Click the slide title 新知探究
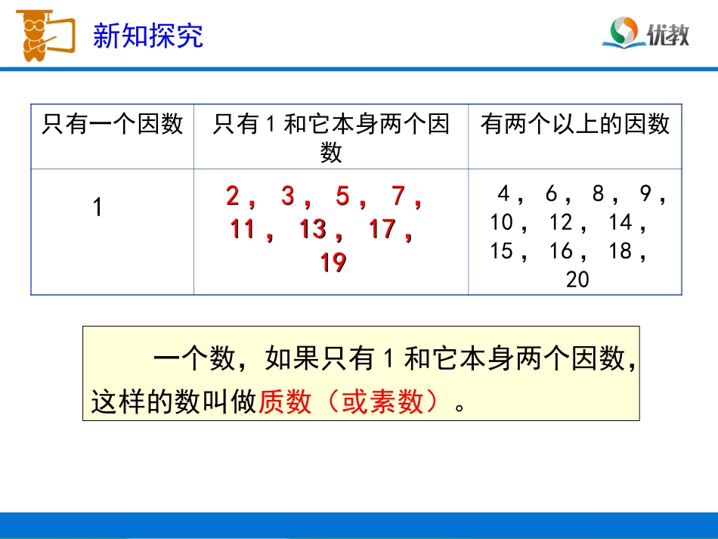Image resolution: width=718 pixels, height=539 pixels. click(147, 36)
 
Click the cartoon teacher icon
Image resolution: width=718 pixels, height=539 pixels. click(42, 33)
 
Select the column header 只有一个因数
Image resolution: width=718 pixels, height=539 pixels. click(113, 124)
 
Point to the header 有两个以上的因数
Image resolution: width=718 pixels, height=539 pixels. click(574, 124)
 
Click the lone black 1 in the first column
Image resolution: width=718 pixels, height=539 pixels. click(97, 207)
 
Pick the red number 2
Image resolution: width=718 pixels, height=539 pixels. click(233, 197)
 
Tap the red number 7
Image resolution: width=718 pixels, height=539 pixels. click(398, 197)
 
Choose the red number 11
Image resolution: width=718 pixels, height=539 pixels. click(243, 229)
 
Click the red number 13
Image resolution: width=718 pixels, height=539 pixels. click(312, 229)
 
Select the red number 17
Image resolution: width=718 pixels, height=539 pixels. click(382, 229)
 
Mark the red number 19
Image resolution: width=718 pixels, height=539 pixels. click(333, 262)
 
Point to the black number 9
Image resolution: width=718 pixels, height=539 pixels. click(645, 194)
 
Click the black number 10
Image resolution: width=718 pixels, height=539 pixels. click(501, 222)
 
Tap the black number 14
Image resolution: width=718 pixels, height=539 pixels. click(620, 222)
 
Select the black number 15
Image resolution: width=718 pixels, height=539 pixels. click(501, 251)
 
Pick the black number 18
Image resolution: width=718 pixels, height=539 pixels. click(620, 251)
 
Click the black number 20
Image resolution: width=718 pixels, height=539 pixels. click(577, 280)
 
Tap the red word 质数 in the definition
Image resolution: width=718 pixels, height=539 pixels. click(285, 402)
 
